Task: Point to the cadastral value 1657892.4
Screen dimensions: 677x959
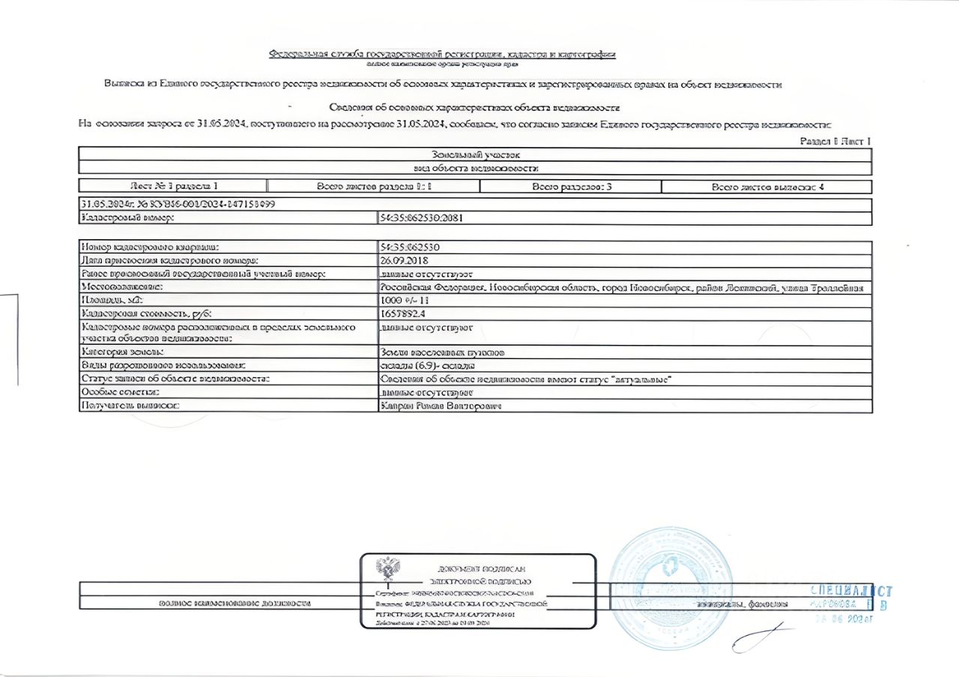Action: [x=403, y=314]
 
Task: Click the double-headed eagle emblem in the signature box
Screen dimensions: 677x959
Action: [x=387, y=569]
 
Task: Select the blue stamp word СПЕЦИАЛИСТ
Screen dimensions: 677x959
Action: [x=851, y=591]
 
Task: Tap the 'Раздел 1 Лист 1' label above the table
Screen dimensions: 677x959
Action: [x=835, y=141]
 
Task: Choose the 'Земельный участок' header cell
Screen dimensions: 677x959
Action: [x=476, y=154]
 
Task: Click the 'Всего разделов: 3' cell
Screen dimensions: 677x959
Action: [x=572, y=187]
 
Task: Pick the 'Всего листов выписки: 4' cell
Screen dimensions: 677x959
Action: [x=767, y=187]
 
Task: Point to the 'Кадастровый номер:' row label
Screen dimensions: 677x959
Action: [x=127, y=218]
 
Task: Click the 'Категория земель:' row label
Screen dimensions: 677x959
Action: [x=124, y=352]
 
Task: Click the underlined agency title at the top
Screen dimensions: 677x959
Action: [x=442, y=54]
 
